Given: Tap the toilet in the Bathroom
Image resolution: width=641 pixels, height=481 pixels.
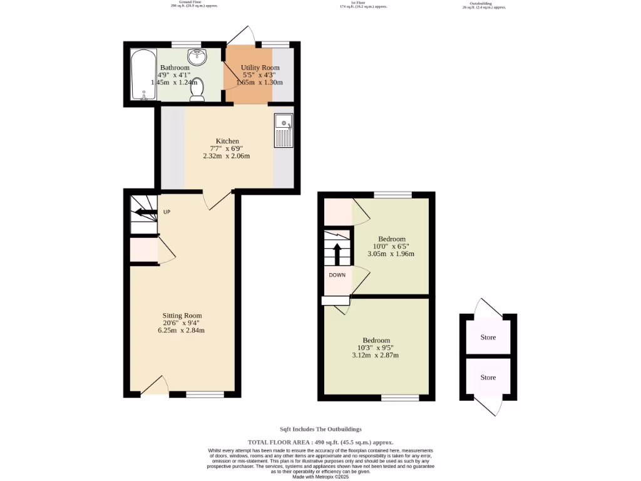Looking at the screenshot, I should [197, 90].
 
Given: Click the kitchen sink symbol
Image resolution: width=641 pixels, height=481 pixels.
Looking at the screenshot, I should [283, 131].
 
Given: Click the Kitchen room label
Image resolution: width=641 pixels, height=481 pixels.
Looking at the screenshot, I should [227, 141].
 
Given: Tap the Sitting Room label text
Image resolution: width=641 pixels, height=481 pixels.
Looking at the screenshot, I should [182, 315].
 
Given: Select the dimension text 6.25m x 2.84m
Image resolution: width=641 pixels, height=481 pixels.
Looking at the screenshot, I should [182, 330].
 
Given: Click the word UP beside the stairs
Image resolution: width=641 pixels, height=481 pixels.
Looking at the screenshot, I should [167, 212].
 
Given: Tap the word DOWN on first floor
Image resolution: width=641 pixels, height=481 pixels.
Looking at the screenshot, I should [338, 275].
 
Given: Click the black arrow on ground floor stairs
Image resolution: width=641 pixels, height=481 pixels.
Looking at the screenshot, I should [145, 214].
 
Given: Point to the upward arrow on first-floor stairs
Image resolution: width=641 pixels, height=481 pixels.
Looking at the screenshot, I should [337, 253].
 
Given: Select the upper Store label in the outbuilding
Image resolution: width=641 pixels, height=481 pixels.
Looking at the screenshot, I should [488, 337].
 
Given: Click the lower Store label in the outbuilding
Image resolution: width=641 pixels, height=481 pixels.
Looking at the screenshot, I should [488, 377].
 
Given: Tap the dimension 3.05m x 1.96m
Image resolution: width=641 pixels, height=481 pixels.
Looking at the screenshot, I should [391, 254].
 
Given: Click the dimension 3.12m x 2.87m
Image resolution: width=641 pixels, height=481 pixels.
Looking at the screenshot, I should [375, 355].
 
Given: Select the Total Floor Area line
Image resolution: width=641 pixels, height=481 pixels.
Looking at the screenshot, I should [320, 442].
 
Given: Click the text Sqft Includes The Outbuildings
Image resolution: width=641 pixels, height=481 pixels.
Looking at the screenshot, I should [320, 429].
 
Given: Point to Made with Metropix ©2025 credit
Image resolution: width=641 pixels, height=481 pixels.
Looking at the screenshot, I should [320, 477].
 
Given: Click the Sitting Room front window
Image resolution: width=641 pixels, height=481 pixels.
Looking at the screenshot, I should [205, 395].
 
